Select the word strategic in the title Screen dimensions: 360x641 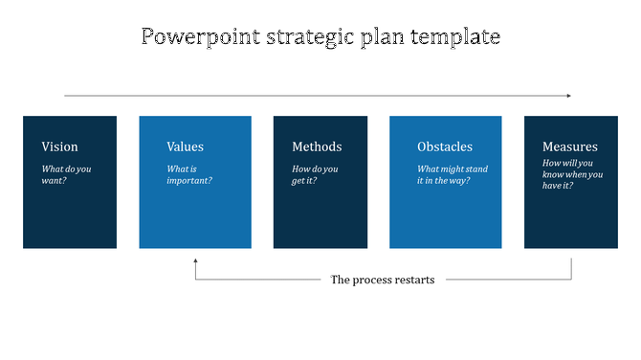[305, 37]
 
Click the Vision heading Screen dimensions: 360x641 [59, 146]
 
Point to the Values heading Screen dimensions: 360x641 [185, 146]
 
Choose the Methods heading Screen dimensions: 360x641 [317, 146]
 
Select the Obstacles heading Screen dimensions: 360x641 [445, 146]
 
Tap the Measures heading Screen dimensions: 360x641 [569, 146]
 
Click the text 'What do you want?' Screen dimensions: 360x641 [67, 174]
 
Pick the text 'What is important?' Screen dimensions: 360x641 [189, 174]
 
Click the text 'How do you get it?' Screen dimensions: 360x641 [317, 174]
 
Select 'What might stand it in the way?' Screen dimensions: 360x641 [453, 174]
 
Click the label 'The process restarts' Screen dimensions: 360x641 [382, 280]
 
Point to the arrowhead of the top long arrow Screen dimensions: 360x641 [568, 96]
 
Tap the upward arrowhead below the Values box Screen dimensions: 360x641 [195, 260]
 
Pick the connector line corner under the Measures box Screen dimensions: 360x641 [571, 280]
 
